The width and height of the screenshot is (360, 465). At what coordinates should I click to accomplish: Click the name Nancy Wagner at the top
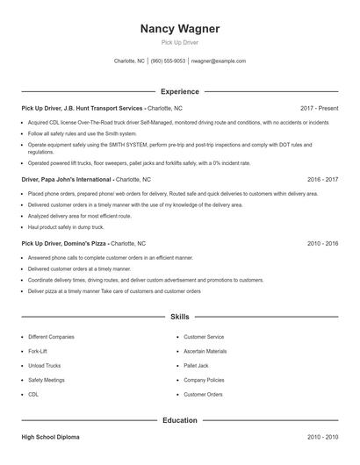pyautogui.click(x=179, y=29)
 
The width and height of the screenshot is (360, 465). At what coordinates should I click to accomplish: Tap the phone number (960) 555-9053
pyautogui.click(x=168, y=61)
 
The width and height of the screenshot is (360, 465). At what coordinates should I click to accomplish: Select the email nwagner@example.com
pyautogui.click(x=218, y=61)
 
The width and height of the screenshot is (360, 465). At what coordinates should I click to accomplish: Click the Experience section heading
pyautogui.click(x=179, y=91)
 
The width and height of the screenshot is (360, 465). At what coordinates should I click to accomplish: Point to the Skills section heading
pyautogui.click(x=179, y=316)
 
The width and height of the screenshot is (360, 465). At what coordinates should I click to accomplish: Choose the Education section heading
pyautogui.click(x=179, y=420)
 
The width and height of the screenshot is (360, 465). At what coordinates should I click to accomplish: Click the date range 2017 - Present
pyautogui.click(x=319, y=108)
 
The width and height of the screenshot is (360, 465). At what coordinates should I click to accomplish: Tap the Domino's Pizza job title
pyautogui.click(x=65, y=242)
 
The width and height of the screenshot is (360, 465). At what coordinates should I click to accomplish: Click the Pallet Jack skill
pyautogui.click(x=196, y=366)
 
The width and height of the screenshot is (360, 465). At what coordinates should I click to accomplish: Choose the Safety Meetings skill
pyautogui.click(x=46, y=381)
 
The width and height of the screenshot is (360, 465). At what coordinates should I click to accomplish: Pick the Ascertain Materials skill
pyautogui.click(x=205, y=351)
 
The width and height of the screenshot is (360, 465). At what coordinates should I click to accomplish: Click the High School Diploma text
pyautogui.click(x=53, y=436)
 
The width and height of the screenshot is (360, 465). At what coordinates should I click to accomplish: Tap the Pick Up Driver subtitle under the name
pyautogui.click(x=179, y=42)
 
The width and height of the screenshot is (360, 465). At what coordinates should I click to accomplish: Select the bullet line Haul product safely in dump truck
pyautogui.click(x=67, y=226)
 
